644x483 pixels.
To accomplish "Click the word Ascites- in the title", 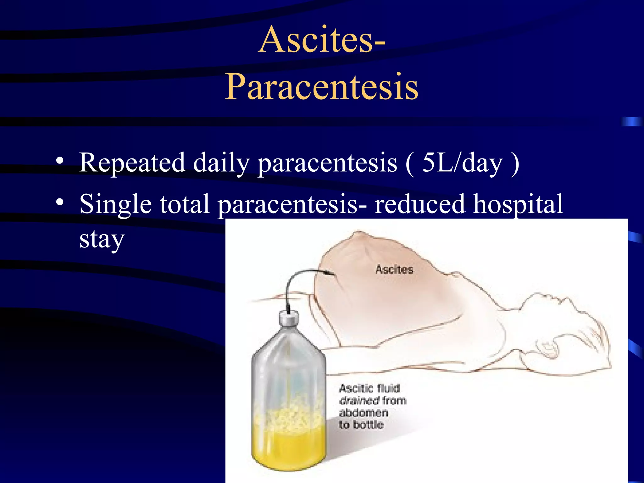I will (x=321, y=40).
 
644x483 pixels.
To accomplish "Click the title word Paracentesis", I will (x=321, y=86).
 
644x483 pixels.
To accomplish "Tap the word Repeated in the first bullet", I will (x=132, y=163).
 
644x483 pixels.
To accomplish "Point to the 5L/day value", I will (x=462, y=163).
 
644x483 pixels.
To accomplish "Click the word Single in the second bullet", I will (x=115, y=204).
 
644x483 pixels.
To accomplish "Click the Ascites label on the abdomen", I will (x=394, y=269).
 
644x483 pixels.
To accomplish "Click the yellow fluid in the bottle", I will (x=289, y=447).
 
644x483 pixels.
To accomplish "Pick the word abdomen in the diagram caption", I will (x=363, y=413).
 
